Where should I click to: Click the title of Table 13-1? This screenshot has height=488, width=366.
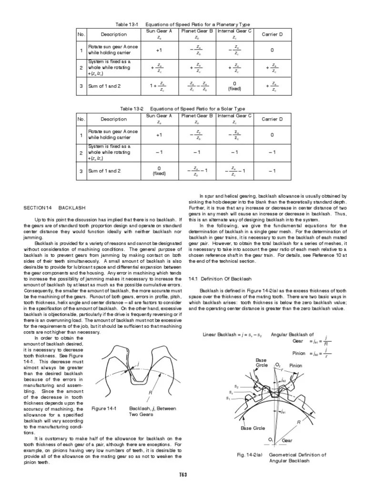coord(183,24)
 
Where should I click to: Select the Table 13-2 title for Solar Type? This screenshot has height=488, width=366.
coord(183,109)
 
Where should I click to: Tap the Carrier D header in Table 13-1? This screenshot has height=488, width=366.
coord(272,34)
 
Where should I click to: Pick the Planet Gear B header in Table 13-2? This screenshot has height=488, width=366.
coord(197,116)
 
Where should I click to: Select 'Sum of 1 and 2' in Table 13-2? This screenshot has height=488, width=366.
coord(104,171)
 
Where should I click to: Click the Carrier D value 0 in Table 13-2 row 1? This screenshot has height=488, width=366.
coord(272,135)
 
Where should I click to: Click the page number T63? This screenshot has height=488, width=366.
coord(183,475)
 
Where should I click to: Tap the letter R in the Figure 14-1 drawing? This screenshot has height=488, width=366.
coord(150,392)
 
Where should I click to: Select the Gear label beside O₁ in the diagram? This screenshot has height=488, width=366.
coord(287,441)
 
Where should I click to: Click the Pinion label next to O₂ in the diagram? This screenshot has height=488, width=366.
coord(296,366)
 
